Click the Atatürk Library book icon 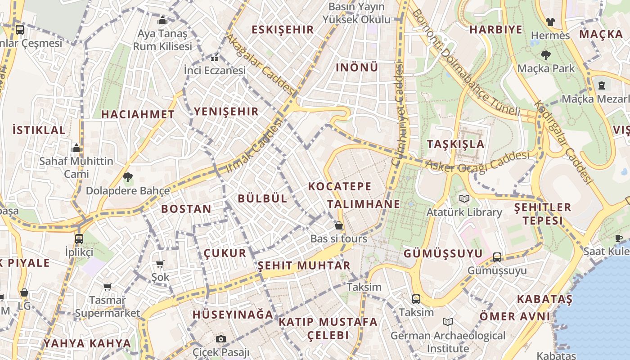pos(464,198)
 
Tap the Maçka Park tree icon pos(545,55)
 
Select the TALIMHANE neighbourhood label pos(364,204)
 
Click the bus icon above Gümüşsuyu pos(497,257)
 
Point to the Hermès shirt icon pos(550,22)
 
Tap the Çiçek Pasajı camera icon pos(220,339)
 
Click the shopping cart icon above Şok pos(160,264)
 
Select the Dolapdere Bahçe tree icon pos(128,177)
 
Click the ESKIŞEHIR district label pos(282,30)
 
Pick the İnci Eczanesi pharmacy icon pos(215,58)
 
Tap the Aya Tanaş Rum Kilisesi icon pos(162,20)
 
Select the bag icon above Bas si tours pos(338,225)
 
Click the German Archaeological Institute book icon pos(447,322)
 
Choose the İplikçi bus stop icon pos(79,238)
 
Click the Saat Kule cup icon pos(619,238)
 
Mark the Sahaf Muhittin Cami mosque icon pos(76,148)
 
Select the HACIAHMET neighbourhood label pos(138,114)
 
